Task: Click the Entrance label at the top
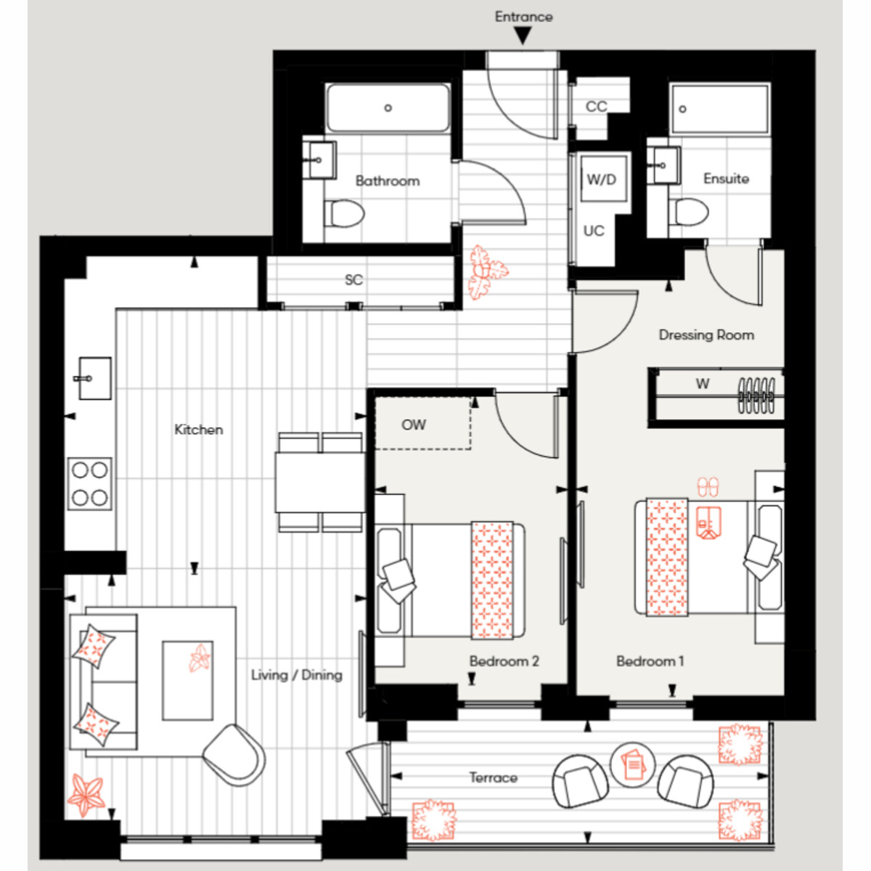pyautogui.click(x=523, y=17)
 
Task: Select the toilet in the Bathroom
pyautogui.click(x=345, y=213)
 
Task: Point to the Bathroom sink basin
pyautogui.click(x=319, y=160)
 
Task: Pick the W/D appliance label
pyautogui.click(x=602, y=179)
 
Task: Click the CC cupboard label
pyautogui.click(x=596, y=107)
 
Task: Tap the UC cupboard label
pyautogui.click(x=594, y=231)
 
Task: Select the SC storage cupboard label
pyautogui.click(x=353, y=279)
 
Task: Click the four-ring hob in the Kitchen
pyautogui.click(x=89, y=484)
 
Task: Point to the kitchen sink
pyautogui.click(x=94, y=378)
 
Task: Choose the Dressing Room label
pyautogui.click(x=706, y=335)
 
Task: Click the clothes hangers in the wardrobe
pyautogui.click(x=756, y=396)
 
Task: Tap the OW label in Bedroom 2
pyautogui.click(x=414, y=425)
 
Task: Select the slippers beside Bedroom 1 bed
pyautogui.click(x=708, y=487)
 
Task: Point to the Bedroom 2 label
pyautogui.click(x=504, y=661)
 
